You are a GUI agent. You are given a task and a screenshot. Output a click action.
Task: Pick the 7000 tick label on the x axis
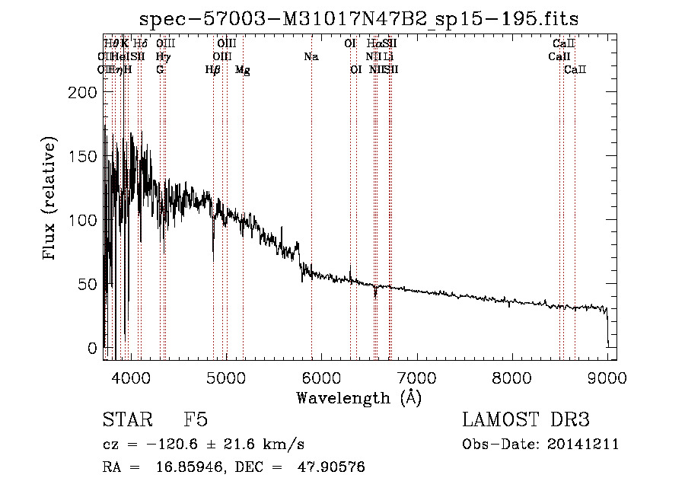pos(417,377)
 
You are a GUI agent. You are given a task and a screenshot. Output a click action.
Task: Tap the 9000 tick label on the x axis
pos(607,377)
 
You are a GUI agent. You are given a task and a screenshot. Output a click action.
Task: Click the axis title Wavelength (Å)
pos(358,397)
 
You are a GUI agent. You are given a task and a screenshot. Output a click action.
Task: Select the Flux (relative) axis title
pos(50,199)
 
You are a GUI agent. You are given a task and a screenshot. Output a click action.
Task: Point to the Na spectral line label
pos(311,56)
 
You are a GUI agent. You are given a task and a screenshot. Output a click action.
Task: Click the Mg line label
pos(242,70)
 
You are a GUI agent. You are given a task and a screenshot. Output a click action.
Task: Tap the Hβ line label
pos(212,70)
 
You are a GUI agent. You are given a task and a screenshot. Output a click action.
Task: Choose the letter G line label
pos(160,69)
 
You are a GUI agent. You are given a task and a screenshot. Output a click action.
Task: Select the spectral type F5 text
pos(196,420)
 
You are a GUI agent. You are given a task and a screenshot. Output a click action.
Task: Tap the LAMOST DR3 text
pos(526,420)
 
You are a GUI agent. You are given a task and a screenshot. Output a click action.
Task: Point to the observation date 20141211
pos(587,445)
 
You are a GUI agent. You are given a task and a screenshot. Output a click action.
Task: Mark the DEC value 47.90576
pos(330,467)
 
